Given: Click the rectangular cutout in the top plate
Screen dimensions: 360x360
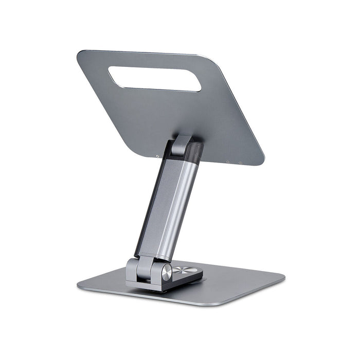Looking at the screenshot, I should [x=154, y=78].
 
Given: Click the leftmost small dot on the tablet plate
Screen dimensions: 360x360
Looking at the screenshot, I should [x=157, y=155].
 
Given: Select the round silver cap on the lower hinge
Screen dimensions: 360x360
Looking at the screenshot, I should [x=167, y=272].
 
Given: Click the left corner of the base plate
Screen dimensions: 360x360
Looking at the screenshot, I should [x=79, y=284].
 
